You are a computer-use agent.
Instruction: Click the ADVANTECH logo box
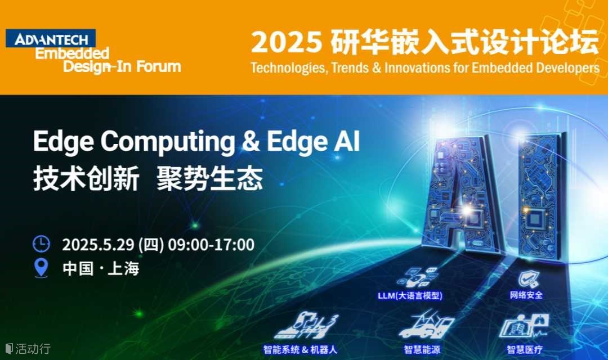click(x=51, y=38)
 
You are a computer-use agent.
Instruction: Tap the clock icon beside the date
click(x=41, y=244)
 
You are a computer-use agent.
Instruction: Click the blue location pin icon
click(x=41, y=268)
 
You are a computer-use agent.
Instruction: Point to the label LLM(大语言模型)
click(x=410, y=296)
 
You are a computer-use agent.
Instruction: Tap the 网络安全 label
click(x=526, y=295)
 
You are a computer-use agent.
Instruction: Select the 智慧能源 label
click(x=422, y=349)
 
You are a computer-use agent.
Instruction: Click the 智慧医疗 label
click(x=524, y=349)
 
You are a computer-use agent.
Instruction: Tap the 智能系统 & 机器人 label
click(x=300, y=349)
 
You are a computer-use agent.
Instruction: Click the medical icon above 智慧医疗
click(x=524, y=326)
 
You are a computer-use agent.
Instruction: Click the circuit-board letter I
click(x=541, y=196)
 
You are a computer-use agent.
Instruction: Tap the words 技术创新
click(x=86, y=179)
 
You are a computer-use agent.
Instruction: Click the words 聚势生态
click(x=210, y=179)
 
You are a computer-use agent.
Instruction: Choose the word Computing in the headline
click(x=168, y=142)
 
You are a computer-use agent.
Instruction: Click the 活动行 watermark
click(x=28, y=348)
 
